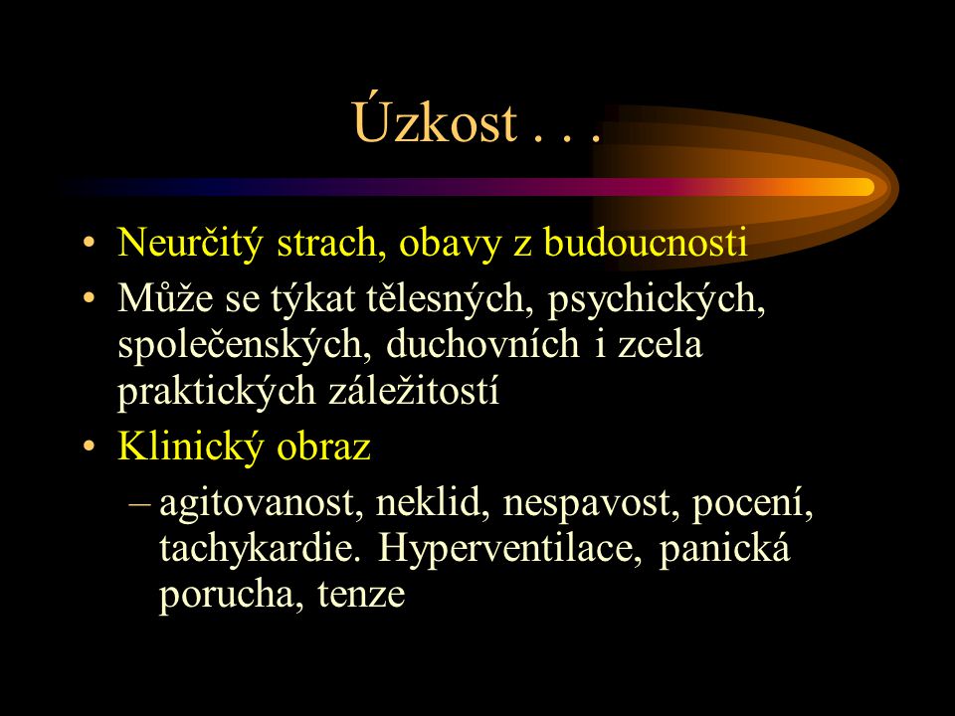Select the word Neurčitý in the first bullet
tap(189, 243)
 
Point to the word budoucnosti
tap(645, 242)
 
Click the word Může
tap(165, 298)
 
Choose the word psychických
tap(657, 300)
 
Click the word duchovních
tap(483, 344)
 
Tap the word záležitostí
tap(415, 390)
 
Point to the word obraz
tap(324, 447)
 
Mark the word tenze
tap(361, 595)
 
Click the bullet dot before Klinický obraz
tap(89, 447)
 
